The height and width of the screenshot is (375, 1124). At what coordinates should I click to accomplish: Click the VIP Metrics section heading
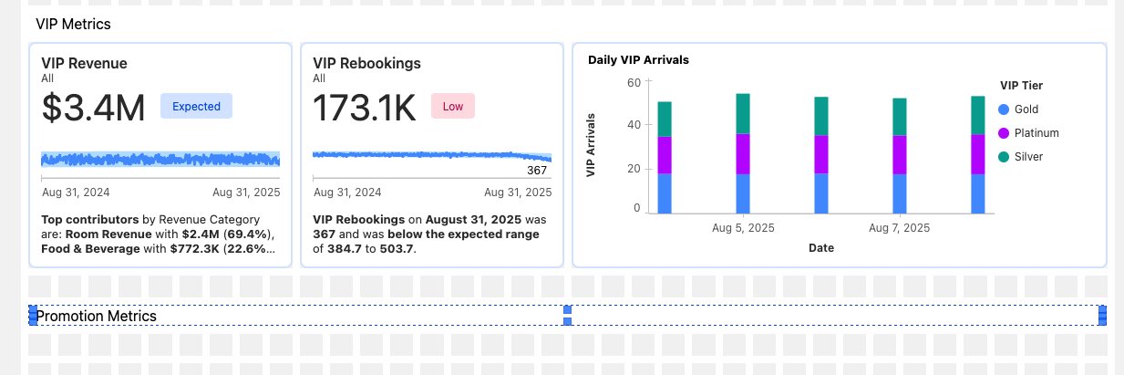pyautogui.click(x=73, y=24)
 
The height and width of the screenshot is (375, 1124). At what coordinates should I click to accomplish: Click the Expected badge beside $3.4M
pyautogui.click(x=196, y=106)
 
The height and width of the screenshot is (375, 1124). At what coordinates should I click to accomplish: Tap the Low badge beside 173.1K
pyautogui.click(x=452, y=106)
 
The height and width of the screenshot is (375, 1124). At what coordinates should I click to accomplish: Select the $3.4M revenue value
pyautogui.click(x=94, y=108)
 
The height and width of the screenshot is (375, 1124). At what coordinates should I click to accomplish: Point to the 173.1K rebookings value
pyautogui.click(x=365, y=108)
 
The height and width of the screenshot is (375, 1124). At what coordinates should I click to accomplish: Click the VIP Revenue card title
pyautogui.click(x=84, y=63)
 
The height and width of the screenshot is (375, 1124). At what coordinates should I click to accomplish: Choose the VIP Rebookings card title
pyautogui.click(x=366, y=63)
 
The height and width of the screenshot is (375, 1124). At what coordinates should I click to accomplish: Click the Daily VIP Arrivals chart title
pyautogui.click(x=638, y=60)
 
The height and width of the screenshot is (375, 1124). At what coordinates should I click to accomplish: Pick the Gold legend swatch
pyautogui.click(x=1005, y=109)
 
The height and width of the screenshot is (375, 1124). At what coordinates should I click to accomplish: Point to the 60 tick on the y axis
pyautogui.click(x=634, y=82)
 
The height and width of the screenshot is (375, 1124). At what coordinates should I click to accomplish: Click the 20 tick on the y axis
pyautogui.click(x=634, y=169)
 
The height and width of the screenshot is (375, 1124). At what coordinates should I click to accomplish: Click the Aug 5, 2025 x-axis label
pyautogui.click(x=744, y=227)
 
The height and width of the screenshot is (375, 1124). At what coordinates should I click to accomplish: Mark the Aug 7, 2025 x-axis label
pyautogui.click(x=899, y=227)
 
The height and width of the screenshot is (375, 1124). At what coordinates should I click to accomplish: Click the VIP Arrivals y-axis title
pyautogui.click(x=592, y=145)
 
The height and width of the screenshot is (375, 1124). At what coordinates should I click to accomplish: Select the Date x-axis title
pyautogui.click(x=820, y=247)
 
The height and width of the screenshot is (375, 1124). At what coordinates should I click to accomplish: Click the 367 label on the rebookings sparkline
pyautogui.click(x=537, y=171)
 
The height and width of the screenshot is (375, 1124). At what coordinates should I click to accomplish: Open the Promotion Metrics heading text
pyautogui.click(x=97, y=316)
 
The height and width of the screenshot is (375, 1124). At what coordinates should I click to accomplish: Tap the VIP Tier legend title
pyautogui.click(x=1021, y=86)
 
